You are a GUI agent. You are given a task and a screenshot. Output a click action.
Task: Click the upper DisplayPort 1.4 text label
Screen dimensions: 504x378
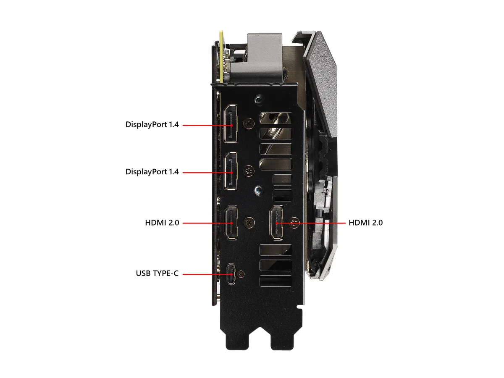pos(152,125)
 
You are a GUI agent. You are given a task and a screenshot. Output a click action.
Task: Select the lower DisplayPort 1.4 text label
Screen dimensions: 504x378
pos(152,172)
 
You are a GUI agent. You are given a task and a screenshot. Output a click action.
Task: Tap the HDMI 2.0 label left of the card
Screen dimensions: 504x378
pos(162,223)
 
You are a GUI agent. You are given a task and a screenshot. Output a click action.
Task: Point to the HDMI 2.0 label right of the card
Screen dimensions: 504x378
pos(365,223)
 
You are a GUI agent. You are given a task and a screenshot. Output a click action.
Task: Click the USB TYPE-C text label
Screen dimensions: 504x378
pos(157,273)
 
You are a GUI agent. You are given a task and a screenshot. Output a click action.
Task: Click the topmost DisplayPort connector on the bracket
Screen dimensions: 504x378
pos(231,123)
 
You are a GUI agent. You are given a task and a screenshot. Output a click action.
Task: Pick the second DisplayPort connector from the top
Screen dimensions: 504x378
pos(231,171)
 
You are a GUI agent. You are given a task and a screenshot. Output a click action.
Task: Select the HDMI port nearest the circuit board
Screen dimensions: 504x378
pos(231,223)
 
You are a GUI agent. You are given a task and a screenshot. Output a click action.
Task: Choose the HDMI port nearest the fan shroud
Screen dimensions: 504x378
pos(276,223)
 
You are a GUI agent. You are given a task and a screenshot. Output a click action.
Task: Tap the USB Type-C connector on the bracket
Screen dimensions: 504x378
pos(231,274)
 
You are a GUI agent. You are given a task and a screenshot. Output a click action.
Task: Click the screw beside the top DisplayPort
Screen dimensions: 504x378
pos(249,124)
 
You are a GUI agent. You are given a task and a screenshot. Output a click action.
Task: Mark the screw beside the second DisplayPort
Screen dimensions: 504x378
pos(249,171)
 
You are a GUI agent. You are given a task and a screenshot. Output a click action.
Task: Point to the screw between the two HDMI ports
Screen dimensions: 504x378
pos(249,223)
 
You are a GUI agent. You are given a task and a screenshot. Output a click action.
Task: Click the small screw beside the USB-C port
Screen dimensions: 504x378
pos(241,274)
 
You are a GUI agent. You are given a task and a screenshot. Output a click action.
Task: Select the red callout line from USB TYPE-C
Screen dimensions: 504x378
pos(207,274)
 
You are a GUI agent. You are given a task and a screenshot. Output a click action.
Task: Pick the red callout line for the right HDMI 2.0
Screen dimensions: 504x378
pos(310,223)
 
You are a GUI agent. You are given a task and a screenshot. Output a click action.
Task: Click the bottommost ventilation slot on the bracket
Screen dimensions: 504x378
pos(276,281)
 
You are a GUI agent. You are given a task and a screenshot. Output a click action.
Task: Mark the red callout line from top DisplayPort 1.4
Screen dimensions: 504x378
pos(207,125)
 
